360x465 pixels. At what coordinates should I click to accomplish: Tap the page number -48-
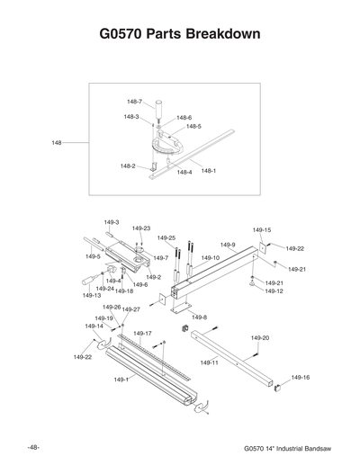click(x=32, y=447)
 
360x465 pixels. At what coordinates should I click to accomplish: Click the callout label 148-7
click(x=134, y=102)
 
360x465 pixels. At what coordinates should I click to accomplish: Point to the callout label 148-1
click(x=209, y=171)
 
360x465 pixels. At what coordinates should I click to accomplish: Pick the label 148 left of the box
click(x=58, y=142)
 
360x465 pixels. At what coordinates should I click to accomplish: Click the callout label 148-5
click(x=193, y=127)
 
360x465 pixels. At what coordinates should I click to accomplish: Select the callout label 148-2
click(x=128, y=165)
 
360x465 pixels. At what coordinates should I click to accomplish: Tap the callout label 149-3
click(x=112, y=221)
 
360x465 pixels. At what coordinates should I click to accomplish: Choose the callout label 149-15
click(x=262, y=230)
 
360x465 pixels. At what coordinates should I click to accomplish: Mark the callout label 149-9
click(x=228, y=245)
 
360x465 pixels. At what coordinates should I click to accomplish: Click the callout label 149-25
click(x=166, y=238)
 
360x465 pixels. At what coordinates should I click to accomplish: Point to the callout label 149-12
click(x=274, y=291)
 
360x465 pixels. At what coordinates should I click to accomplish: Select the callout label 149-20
click(x=260, y=337)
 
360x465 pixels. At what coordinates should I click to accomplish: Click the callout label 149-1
click(x=121, y=380)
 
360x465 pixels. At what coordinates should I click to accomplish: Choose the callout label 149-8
click(x=199, y=317)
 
